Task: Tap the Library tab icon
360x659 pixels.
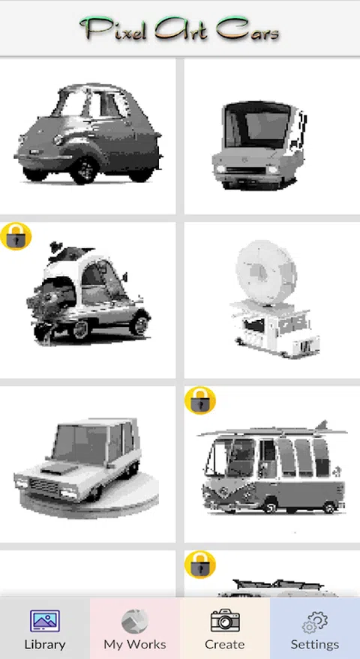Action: [44, 622]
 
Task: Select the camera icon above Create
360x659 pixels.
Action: [225, 620]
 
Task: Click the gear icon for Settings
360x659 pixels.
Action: [315, 622]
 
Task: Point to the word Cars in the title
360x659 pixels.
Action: [247, 30]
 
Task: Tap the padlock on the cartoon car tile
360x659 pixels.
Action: [16, 236]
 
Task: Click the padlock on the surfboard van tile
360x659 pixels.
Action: [200, 400]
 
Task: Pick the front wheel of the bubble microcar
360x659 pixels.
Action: [85, 169]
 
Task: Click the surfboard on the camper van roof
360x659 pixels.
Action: [272, 431]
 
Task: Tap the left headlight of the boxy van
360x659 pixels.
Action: [220, 169]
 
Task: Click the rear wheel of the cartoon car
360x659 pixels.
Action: [139, 324]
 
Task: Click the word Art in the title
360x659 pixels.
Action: [182, 29]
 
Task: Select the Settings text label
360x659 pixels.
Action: [315, 644]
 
